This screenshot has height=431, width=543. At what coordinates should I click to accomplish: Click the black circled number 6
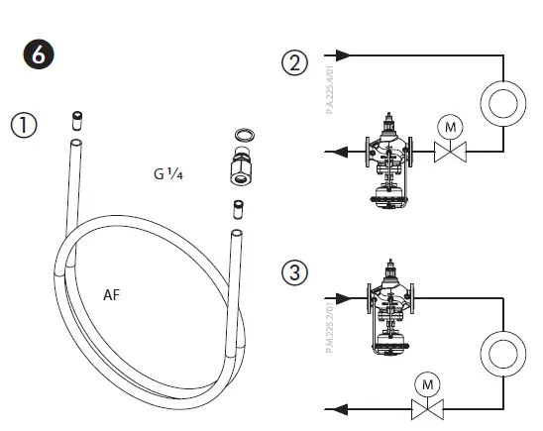coord(39,55)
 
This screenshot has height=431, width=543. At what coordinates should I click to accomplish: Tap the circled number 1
coord(24,125)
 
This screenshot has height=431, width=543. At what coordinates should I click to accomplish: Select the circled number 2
coord(294,62)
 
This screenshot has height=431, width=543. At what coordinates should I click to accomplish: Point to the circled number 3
coord(294,271)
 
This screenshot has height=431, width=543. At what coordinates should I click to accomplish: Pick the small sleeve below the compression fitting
coord(238,210)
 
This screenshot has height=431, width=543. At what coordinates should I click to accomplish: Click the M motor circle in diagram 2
coord(451,126)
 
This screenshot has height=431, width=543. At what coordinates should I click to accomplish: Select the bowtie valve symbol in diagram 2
coord(451,153)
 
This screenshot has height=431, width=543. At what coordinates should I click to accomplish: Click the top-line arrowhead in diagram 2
coord(344,54)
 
